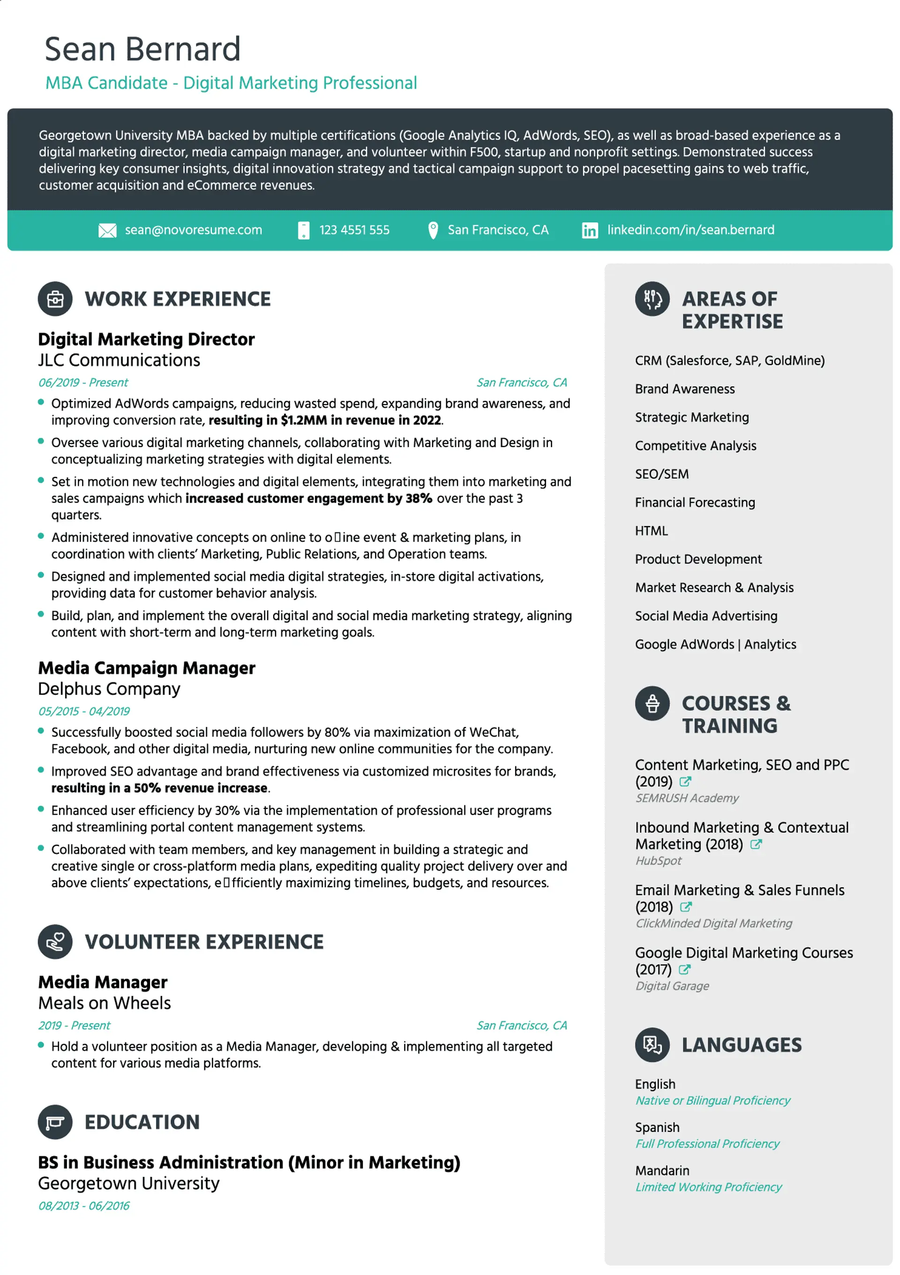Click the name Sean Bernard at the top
[142, 49]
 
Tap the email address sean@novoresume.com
[193, 230]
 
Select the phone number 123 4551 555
[354, 230]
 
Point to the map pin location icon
[433, 230]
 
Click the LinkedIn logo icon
[589, 230]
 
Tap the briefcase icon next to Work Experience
[55, 299]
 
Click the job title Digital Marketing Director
[146, 339]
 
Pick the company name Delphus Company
[109, 689]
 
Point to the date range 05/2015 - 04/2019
[84, 711]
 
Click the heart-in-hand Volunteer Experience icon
[55, 942]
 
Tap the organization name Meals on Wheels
[105, 1003]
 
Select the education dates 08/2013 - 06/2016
[84, 1206]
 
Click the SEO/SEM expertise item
[661, 474]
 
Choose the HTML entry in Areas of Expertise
[651, 531]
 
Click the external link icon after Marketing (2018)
[756, 845]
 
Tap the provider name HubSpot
[658, 861]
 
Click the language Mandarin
[662, 1171]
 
